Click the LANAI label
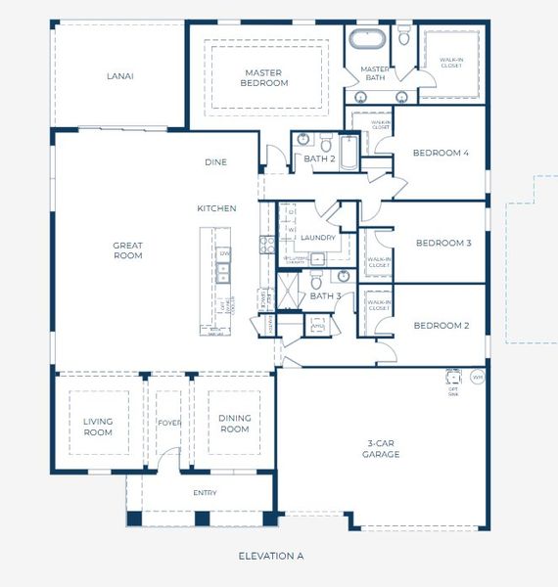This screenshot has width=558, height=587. pos(119,75)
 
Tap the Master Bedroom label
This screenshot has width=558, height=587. pos(264,77)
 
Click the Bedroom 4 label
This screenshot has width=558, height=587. pos(441,153)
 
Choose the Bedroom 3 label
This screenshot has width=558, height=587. pos(443,243)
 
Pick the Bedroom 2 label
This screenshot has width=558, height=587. pos(441,325)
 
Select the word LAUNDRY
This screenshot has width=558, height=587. pos(318,238)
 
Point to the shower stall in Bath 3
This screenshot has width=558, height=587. pos(291,291)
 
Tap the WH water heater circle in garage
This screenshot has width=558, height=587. pos(478,377)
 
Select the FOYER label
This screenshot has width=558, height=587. pos(168,424)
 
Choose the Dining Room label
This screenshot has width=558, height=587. pos(235,424)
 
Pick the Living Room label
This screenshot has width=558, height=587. pos(98,426)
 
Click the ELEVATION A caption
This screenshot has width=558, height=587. pos(271,556)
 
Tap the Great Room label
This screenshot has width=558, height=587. pos(127,250)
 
